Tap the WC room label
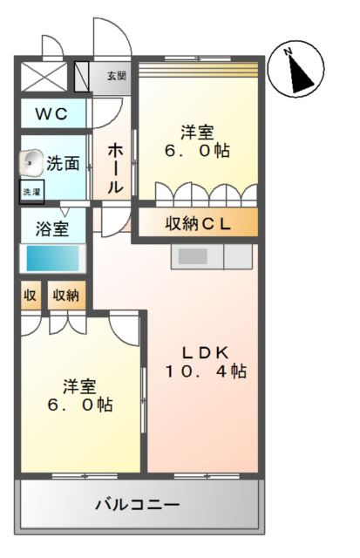coord(53,114)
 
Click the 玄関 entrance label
coord(117,76)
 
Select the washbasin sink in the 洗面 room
coord(31,160)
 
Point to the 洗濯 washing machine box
coord(31,190)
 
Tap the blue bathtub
coord(53,258)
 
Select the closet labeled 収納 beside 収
coord(65,296)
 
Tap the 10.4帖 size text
coord(206,372)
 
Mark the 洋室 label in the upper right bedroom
coord(198,133)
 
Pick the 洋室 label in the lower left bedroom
coord(79,385)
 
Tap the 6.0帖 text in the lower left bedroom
coord(79,405)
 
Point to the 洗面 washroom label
coord(64,162)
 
